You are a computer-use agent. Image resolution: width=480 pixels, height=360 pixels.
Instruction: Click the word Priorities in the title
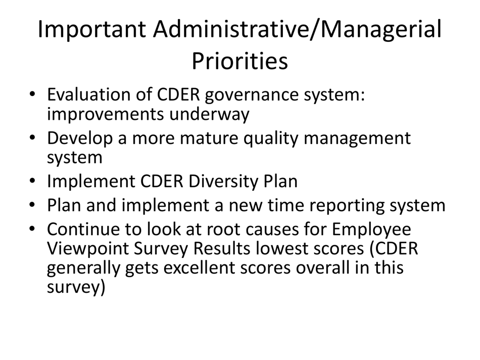240,62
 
